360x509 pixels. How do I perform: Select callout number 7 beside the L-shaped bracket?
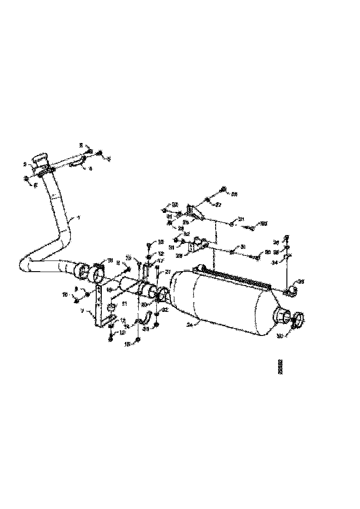click(x=82, y=311)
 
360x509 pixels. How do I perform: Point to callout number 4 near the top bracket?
click(x=91, y=169)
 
